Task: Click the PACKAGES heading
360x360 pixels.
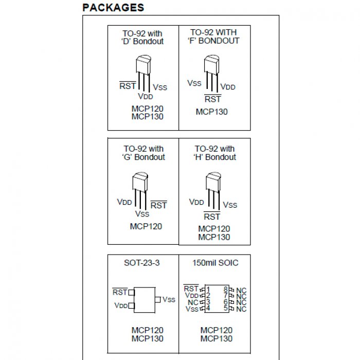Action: pyautogui.click(x=113, y=8)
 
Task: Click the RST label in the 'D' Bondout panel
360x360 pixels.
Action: pyautogui.click(x=128, y=86)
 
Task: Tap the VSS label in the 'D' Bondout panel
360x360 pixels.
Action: pyautogui.click(x=160, y=87)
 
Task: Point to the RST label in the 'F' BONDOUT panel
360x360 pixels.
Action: pyautogui.click(x=212, y=99)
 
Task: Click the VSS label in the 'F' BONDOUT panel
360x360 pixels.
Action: pyautogui.click(x=194, y=83)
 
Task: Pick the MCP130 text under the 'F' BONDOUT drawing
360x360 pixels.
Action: pyautogui.click(x=211, y=112)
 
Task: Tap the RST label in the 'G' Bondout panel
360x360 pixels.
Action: pyautogui.click(x=159, y=205)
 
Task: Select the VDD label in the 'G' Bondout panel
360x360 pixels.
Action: pyautogui.click(x=124, y=202)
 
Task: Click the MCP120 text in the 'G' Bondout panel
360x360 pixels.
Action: pyautogui.click(x=146, y=226)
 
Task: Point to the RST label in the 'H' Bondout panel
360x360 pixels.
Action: pyautogui.click(x=212, y=217)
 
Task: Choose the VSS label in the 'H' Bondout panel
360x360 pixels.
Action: pyautogui.click(x=230, y=205)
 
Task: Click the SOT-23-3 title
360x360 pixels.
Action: pyautogui.click(x=142, y=263)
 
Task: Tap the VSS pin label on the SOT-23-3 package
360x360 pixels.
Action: pyautogui.click(x=169, y=299)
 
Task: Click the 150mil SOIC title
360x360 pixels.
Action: pyautogui.click(x=215, y=263)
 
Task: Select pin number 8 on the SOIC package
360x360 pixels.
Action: pyautogui.click(x=225, y=289)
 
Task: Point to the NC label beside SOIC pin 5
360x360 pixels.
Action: pyautogui.click(x=241, y=309)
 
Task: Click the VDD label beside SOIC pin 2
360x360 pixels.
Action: pyautogui.click(x=192, y=296)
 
